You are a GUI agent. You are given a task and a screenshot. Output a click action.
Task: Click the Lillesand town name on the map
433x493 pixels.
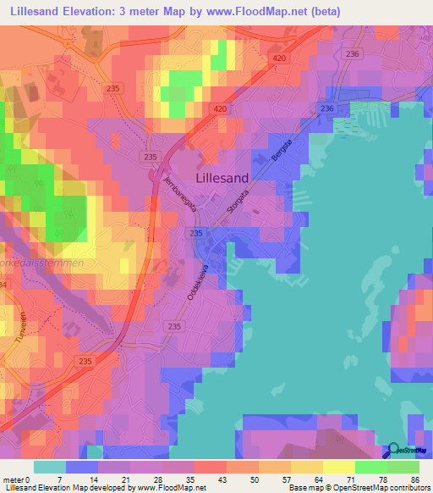(222, 179)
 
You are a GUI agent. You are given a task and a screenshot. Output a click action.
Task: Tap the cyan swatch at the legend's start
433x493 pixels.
(49, 467)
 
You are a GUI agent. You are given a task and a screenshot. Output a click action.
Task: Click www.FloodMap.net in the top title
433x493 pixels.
(272, 11)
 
